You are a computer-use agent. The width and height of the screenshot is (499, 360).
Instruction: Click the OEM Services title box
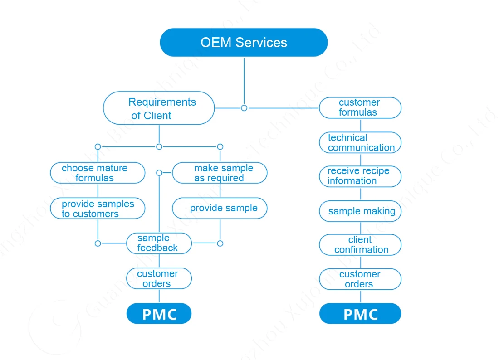pyautogui.click(x=244, y=43)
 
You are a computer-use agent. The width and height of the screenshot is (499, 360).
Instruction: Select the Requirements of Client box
pyautogui.click(x=159, y=108)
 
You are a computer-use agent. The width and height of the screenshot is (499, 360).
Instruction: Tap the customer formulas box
pyautogui.click(x=360, y=108)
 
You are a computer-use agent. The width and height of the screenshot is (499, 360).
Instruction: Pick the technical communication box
pyautogui.click(x=360, y=143)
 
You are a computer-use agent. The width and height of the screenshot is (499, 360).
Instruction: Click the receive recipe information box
pyautogui.click(x=360, y=176)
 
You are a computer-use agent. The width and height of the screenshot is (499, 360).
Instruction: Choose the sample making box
pyautogui.click(x=360, y=211)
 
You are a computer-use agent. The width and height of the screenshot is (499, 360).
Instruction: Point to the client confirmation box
pyautogui.click(x=360, y=245)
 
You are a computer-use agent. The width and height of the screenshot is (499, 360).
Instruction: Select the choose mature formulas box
pyautogui.click(x=97, y=173)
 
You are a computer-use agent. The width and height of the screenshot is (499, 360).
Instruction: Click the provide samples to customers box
pyautogui.click(x=97, y=209)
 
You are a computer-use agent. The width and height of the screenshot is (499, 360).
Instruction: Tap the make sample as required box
pyautogui.click(x=220, y=173)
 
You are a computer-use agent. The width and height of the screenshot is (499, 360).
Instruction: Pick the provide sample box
pyautogui.click(x=220, y=208)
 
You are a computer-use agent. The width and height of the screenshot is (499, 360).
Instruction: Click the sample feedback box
pyautogui.click(x=159, y=243)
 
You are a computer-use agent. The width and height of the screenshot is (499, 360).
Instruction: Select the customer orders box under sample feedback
pyautogui.click(x=159, y=278)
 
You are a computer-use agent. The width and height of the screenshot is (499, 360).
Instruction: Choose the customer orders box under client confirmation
pyautogui.click(x=360, y=279)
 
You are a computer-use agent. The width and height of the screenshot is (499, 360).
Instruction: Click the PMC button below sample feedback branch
pyautogui.click(x=159, y=314)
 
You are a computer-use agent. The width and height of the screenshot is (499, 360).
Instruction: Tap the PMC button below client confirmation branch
pyautogui.click(x=360, y=314)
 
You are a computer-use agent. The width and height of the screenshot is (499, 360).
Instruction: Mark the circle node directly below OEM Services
pyautogui.click(x=244, y=108)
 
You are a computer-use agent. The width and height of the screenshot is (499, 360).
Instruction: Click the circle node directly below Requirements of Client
pyautogui.click(x=159, y=146)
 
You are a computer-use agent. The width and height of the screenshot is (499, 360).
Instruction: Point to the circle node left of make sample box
pyautogui.click(x=159, y=173)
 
